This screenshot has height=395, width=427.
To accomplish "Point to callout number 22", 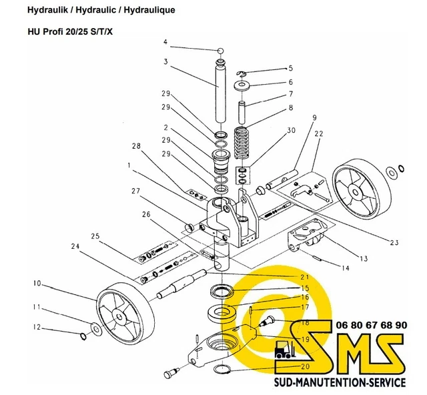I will point(320,134).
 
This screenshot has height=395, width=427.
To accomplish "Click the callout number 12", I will point(38,328).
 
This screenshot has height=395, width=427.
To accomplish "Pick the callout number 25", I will point(95,236).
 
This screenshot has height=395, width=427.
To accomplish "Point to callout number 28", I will point(136,146).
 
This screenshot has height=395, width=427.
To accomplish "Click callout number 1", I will point(129,164).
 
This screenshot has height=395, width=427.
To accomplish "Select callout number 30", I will point(290,131).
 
